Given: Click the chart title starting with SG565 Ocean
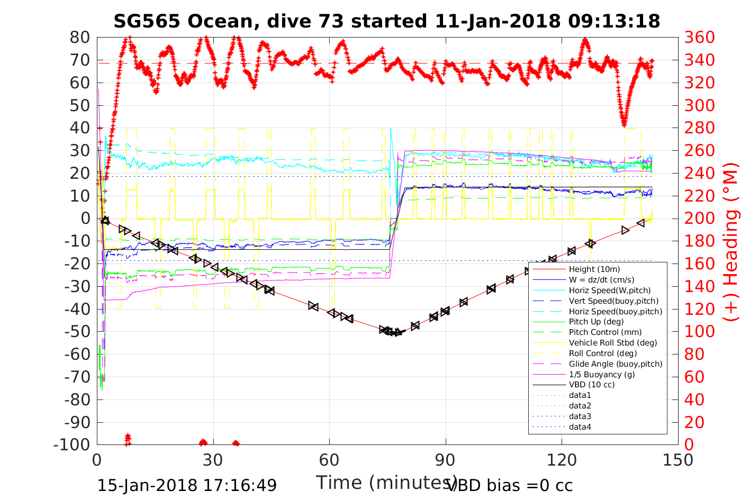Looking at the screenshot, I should click(386, 21).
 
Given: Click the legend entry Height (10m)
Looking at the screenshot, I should click(594, 269).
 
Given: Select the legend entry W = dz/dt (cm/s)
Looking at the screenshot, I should click(601, 280).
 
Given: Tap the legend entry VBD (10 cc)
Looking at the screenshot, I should click(592, 385).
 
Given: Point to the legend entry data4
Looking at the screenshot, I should click(580, 426).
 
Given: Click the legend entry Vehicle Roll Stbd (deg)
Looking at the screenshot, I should click(613, 343).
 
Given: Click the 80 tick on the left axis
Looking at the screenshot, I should click(80, 38).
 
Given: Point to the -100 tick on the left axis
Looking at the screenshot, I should click(73, 444).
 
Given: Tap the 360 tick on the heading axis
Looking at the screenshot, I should click(700, 38).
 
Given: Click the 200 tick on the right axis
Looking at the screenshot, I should click(700, 219).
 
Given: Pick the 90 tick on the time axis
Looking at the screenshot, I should click(446, 460).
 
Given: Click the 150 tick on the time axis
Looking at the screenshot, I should click(678, 460).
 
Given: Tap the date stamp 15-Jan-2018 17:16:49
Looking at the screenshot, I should click(187, 485).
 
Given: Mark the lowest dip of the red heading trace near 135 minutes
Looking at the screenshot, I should click(625, 125).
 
